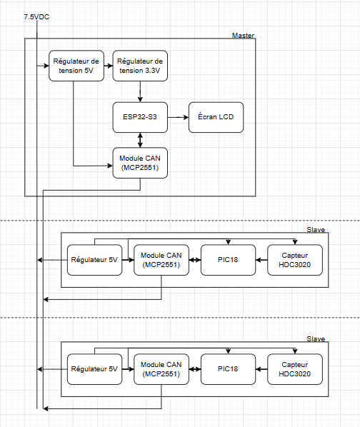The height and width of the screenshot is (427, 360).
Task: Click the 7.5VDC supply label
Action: [x=36, y=17]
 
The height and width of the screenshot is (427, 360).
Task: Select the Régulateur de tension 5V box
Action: [x=76, y=66]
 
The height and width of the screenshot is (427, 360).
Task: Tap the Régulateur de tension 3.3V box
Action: [x=140, y=66]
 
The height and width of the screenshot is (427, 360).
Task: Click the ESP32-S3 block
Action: [x=140, y=117]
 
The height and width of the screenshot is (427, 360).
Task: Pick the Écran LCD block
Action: [x=216, y=117]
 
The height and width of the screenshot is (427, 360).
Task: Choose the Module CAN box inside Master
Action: [x=140, y=163]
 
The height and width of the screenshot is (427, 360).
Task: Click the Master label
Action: [x=243, y=36]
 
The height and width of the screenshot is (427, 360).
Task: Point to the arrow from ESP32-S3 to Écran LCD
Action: [x=178, y=117]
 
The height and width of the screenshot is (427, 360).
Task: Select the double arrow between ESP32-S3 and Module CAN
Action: [x=140, y=140]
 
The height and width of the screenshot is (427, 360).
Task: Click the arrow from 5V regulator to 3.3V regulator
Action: [x=109, y=66]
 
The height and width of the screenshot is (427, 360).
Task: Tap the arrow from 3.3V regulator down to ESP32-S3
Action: [x=140, y=91]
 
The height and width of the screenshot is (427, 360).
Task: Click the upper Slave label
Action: [x=316, y=230]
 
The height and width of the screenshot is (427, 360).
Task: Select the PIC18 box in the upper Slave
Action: [x=228, y=260]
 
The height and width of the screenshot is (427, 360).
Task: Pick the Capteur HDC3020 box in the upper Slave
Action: [x=295, y=260]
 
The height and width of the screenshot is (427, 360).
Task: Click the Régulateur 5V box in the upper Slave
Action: [x=94, y=260]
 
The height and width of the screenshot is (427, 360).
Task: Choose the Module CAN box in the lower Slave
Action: [x=161, y=369]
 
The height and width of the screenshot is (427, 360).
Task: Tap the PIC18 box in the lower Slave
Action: [x=228, y=369]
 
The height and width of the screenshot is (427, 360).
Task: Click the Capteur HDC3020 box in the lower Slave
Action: [x=295, y=369]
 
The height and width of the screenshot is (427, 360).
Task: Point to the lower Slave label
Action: [x=316, y=338]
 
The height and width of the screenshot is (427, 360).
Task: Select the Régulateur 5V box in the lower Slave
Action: [x=94, y=369]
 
